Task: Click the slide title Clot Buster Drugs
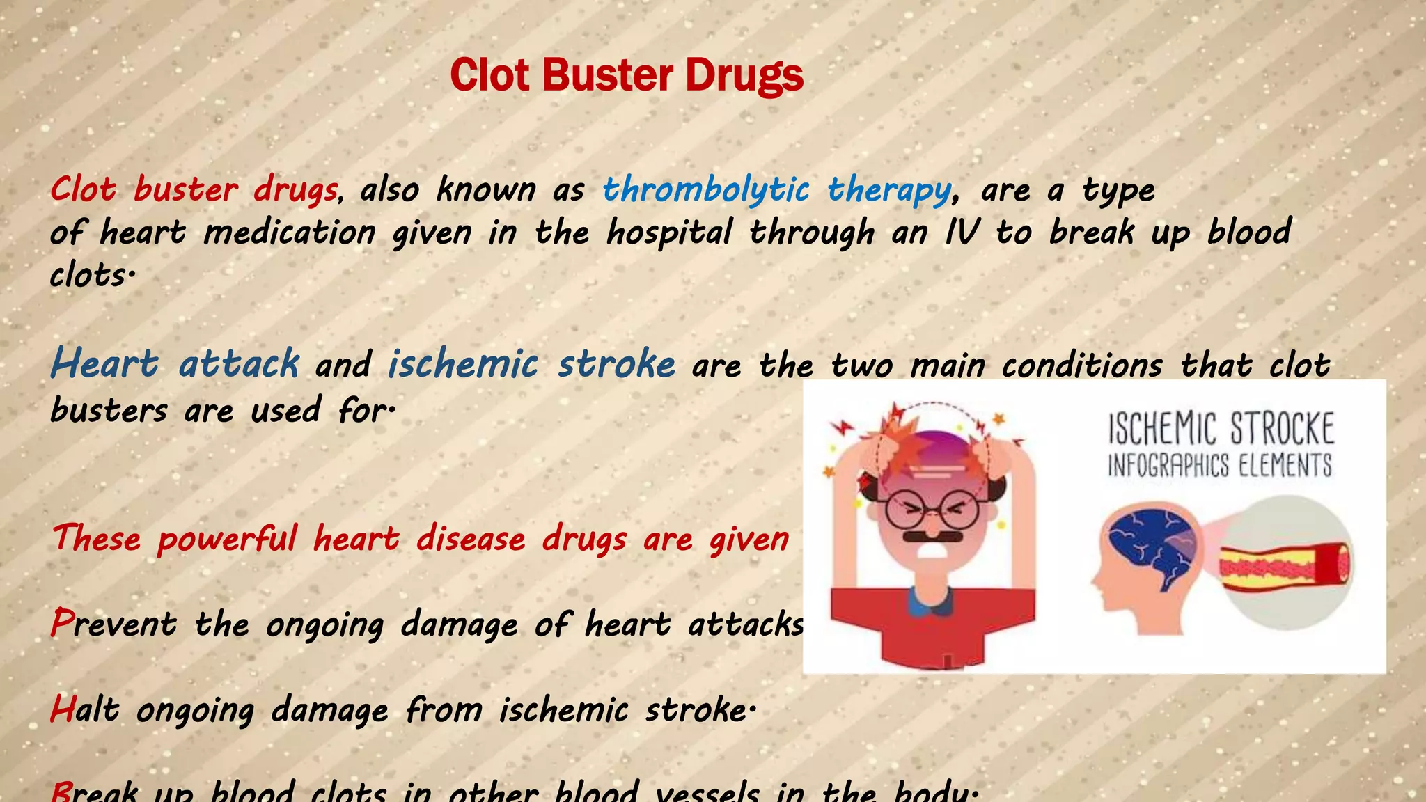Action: pos(627,75)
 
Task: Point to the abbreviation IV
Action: pos(962,233)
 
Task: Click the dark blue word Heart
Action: pos(105,363)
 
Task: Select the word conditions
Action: pos(1082,365)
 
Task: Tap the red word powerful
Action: pos(227,540)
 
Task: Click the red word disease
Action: pos(471,540)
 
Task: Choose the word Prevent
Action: pos(113,624)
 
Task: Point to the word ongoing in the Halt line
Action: pos(195,711)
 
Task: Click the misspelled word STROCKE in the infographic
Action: pos(1282,429)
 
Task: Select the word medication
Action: pos(290,233)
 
